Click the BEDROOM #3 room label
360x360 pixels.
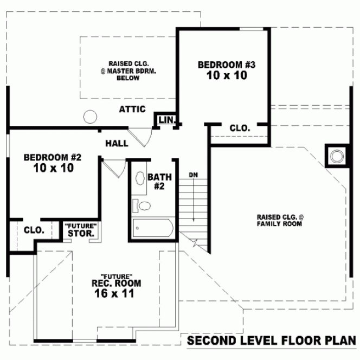point(226,65)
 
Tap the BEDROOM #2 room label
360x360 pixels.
point(53,157)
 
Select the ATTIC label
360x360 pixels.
point(132,110)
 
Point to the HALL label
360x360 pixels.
point(117,143)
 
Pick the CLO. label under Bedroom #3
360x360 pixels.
point(240,128)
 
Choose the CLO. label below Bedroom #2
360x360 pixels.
point(34,230)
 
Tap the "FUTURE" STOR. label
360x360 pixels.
point(81,230)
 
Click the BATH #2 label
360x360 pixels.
point(159,181)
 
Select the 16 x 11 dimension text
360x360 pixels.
point(114,293)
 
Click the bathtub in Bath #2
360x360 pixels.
point(152,228)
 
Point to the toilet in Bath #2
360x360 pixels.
point(143,206)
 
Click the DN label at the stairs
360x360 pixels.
point(193,175)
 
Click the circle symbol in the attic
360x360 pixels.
point(90,117)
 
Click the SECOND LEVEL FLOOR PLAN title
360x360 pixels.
point(272,340)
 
